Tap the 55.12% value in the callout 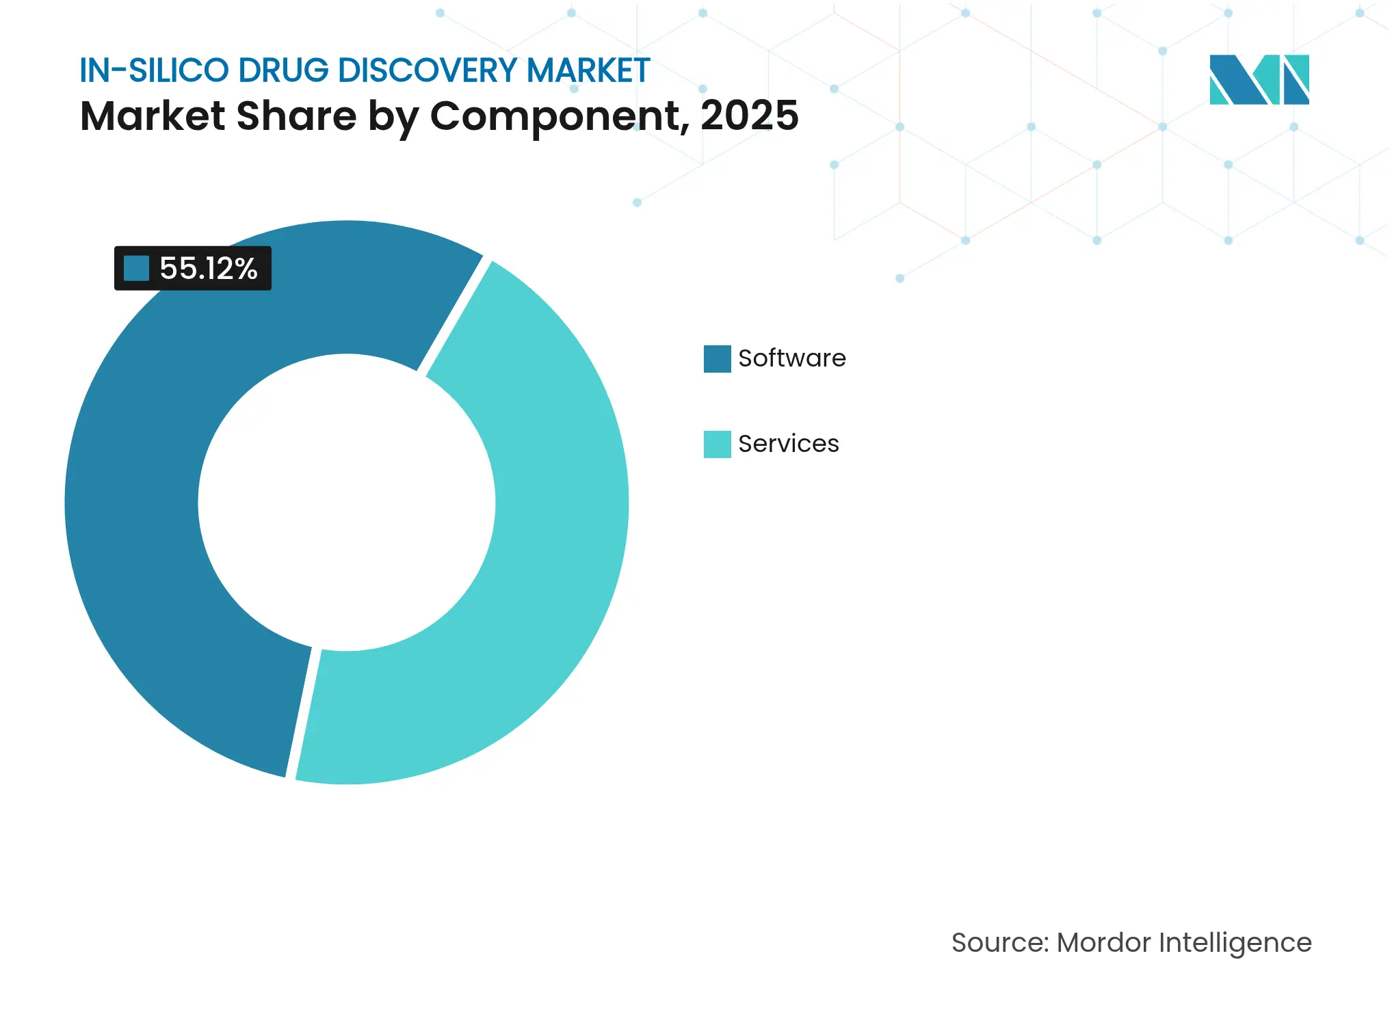[x=208, y=269]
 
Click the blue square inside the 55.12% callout [x=136, y=268]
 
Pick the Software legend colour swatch [x=717, y=359]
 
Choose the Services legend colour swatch [x=717, y=444]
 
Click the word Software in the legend [x=791, y=358]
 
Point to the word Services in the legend [x=788, y=444]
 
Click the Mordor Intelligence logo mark [x=1259, y=80]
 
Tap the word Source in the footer [x=999, y=942]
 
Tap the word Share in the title [x=296, y=115]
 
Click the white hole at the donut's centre [x=346, y=503]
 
